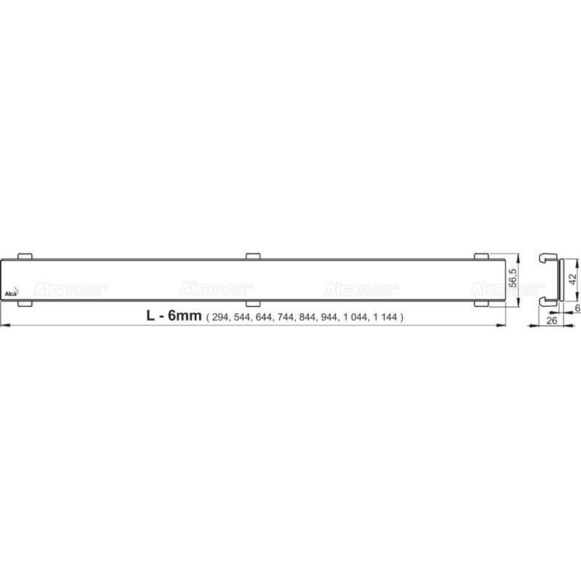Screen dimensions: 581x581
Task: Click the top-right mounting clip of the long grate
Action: [x=482, y=255]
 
